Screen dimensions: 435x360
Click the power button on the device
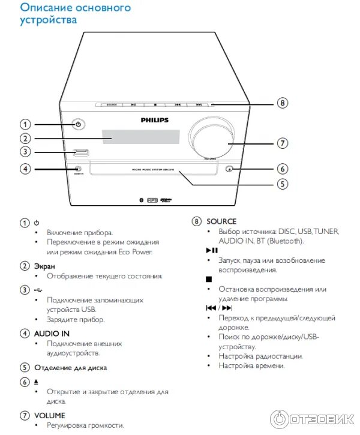point(78,125)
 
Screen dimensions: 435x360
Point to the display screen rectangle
point(140,137)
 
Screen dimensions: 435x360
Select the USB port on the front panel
point(80,152)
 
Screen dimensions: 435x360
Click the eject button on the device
point(230,169)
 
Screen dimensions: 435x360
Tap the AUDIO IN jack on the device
point(78,169)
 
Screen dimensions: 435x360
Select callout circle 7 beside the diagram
point(283,143)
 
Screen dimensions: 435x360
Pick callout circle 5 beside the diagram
point(283,184)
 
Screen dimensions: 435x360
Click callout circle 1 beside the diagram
point(25,125)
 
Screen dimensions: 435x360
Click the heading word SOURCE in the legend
point(221,221)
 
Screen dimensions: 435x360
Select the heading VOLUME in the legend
point(50,415)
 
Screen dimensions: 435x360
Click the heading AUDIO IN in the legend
point(52,333)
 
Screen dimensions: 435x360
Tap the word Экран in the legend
point(44,266)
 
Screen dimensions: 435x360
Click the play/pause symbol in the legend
point(212,250)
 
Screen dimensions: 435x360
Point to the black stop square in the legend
point(209,279)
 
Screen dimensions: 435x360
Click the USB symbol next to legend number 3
point(38,290)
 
